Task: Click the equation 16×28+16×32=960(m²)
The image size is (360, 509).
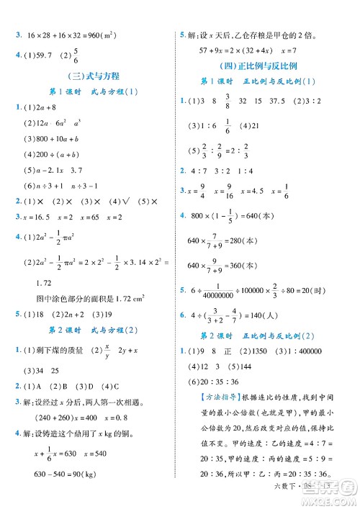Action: [x=71, y=33]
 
